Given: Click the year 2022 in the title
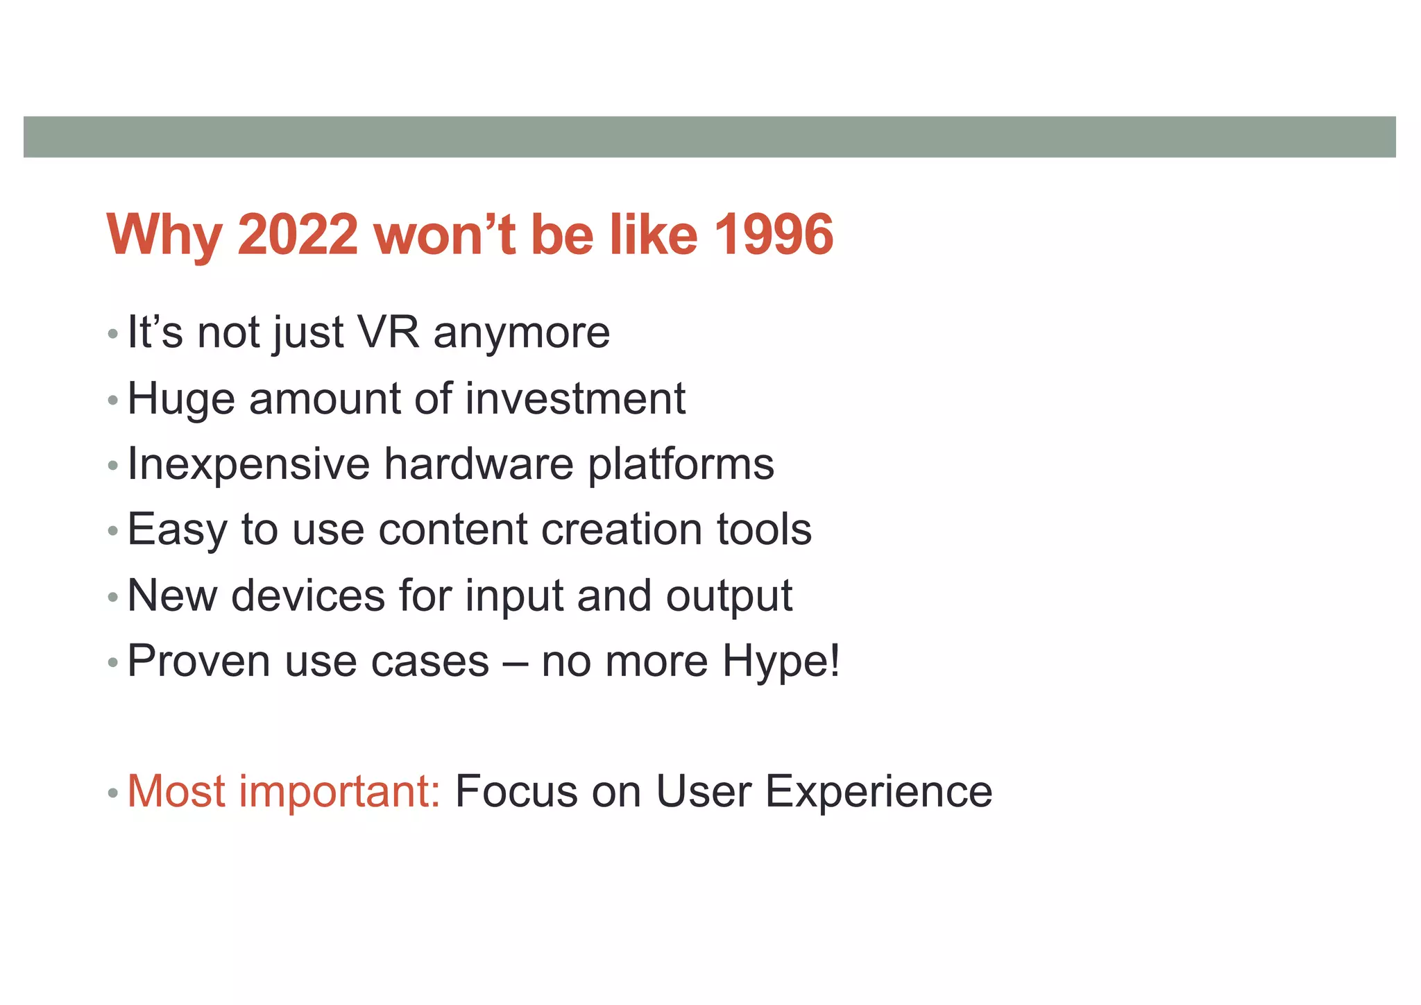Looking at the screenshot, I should click(x=298, y=235).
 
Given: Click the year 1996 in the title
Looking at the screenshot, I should click(x=773, y=235).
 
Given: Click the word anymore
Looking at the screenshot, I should click(x=521, y=333).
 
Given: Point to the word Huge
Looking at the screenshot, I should click(x=180, y=400).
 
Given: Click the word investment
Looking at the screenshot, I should click(x=575, y=398).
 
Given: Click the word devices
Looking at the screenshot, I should click(x=307, y=596).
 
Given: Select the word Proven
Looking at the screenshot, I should click(x=198, y=661).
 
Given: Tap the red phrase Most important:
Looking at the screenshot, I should click(x=284, y=791).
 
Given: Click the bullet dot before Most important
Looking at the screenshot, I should click(x=113, y=793).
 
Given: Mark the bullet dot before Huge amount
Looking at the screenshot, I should click(x=113, y=401).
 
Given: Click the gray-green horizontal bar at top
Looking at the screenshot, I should click(x=709, y=137).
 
